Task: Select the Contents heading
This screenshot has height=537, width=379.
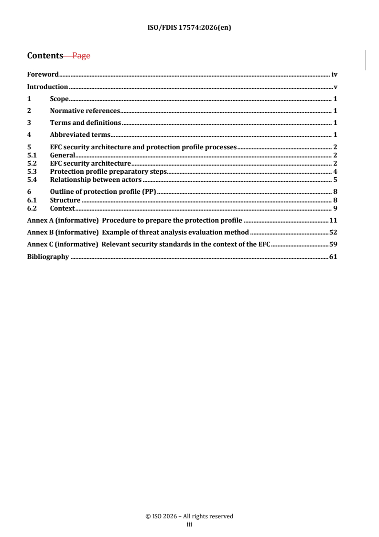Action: (x=45, y=56)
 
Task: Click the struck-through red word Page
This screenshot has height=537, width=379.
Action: (x=81, y=56)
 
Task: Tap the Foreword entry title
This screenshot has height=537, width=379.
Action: (x=43, y=74)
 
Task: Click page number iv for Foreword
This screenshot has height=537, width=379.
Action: (x=335, y=74)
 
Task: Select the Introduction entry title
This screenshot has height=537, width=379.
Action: (x=47, y=87)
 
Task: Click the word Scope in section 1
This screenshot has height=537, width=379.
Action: (x=59, y=99)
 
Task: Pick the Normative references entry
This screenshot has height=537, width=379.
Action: (x=85, y=111)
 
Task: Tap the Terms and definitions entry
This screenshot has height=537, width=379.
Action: (x=85, y=123)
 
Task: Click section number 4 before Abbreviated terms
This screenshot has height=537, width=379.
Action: (x=29, y=135)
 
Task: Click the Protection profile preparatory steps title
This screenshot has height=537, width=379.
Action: (x=108, y=171)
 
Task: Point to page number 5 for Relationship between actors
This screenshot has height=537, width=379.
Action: (x=336, y=179)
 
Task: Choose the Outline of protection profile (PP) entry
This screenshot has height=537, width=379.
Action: (x=103, y=192)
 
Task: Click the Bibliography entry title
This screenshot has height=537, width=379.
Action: (x=48, y=257)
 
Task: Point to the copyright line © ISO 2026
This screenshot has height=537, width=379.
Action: (x=189, y=516)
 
